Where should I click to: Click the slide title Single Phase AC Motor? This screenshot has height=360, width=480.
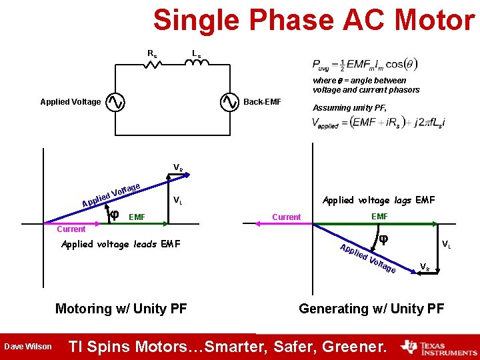(x=313, y=20)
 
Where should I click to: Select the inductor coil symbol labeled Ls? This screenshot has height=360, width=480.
(x=196, y=63)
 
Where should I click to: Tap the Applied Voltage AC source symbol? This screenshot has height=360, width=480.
(x=115, y=102)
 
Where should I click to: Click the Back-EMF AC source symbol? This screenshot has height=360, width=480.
(x=229, y=102)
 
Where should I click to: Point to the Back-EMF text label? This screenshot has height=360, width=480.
(x=263, y=102)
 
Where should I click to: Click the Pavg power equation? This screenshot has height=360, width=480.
(x=365, y=65)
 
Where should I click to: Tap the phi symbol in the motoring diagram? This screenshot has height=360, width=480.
(x=114, y=215)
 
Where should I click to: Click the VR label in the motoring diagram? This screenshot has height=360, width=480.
(x=178, y=167)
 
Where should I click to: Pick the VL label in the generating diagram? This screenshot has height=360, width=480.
(x=446, y=245)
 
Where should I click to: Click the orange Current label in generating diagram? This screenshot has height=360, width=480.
(x=287, y=217)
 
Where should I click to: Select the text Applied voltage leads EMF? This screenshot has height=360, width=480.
(x=121, y=244)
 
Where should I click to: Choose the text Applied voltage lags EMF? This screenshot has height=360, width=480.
(x=378, y=200)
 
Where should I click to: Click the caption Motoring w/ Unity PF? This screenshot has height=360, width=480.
(x=121, y=309)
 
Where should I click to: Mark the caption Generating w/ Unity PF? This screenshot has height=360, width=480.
(x=371, y=309)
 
